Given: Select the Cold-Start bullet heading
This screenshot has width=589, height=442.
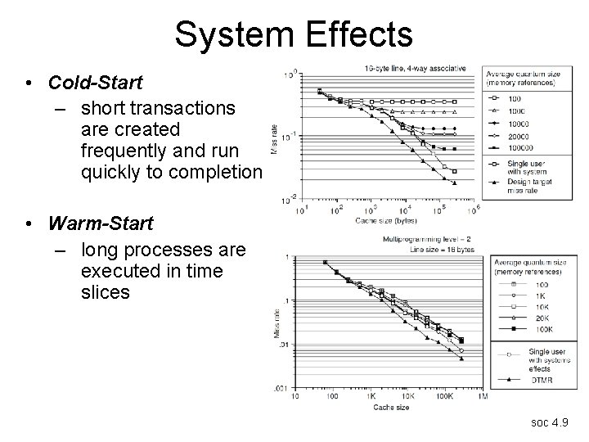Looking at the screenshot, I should [95, 83].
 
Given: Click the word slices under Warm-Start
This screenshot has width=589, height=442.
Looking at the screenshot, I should [106, 291].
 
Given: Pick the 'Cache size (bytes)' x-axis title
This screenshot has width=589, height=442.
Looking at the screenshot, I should [385, 220].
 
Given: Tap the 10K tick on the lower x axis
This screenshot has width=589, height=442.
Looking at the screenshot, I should [407, 395].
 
